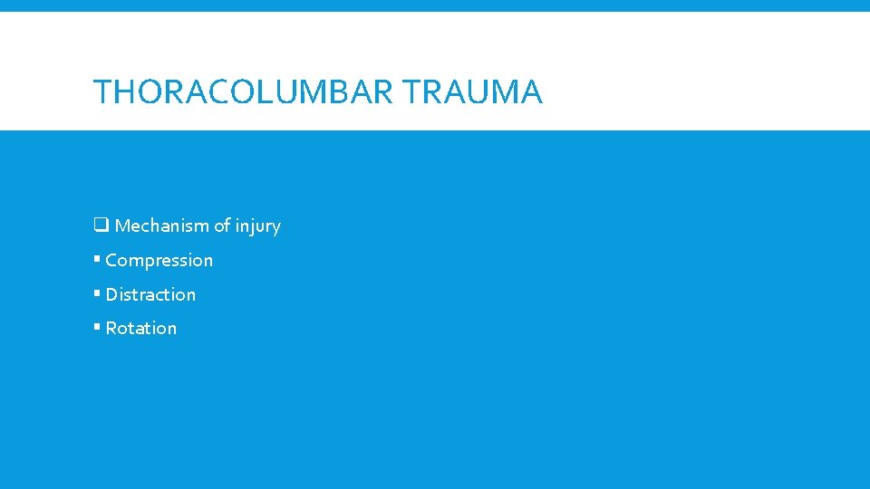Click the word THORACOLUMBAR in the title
point(243,92)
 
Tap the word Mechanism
point(161,225)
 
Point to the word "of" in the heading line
point(221,225)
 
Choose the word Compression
point(159,261)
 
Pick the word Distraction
point(150,294)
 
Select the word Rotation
point(141,328)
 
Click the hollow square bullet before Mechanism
point(101,225)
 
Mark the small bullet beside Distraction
point(96,294)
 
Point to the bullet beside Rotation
point(96,328)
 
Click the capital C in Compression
point(111,261)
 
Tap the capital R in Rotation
point(111,328)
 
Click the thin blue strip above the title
point(435,5)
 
